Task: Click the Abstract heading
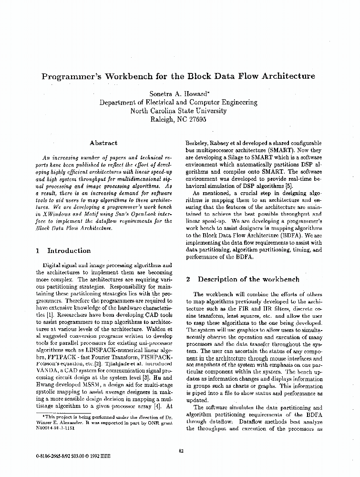(x=103, y=143)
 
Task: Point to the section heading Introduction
(x=69, y=250)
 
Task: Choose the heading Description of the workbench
(x=248, y=279)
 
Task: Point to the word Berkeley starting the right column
(x=200, y=143)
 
